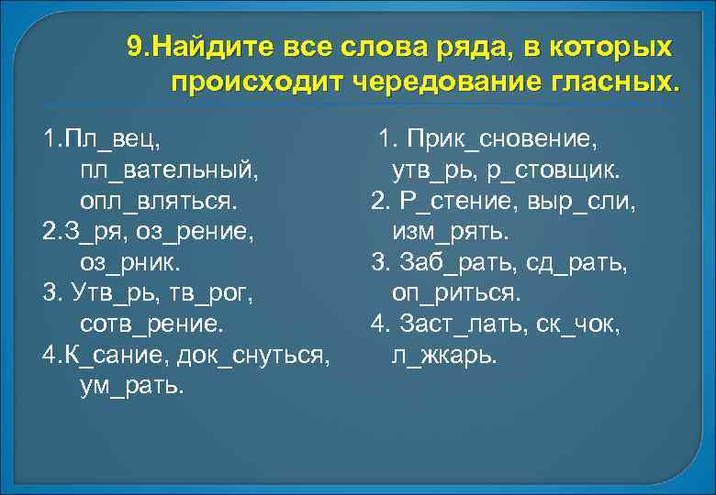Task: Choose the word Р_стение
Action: (449, 201)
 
